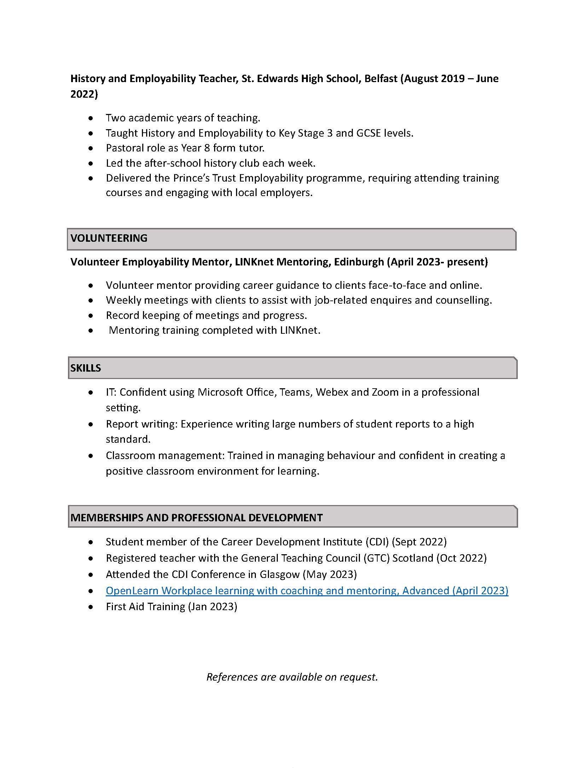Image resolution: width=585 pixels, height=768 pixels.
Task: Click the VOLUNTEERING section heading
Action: (x=109, y=238)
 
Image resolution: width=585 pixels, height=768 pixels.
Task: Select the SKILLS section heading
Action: (x=86, y=368)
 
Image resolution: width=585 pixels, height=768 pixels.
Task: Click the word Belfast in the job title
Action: (x=381, y=78)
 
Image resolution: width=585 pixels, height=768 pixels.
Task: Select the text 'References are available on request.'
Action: (x=292, y=677)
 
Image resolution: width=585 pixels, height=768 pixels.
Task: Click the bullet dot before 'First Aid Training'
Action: (x=91, y=607)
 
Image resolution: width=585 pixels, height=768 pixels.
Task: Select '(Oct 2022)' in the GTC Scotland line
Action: (x=461, y=558)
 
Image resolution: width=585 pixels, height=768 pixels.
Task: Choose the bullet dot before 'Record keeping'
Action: (x=91, y=315)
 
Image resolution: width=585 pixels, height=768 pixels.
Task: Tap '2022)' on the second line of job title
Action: (x=84, y=94)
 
